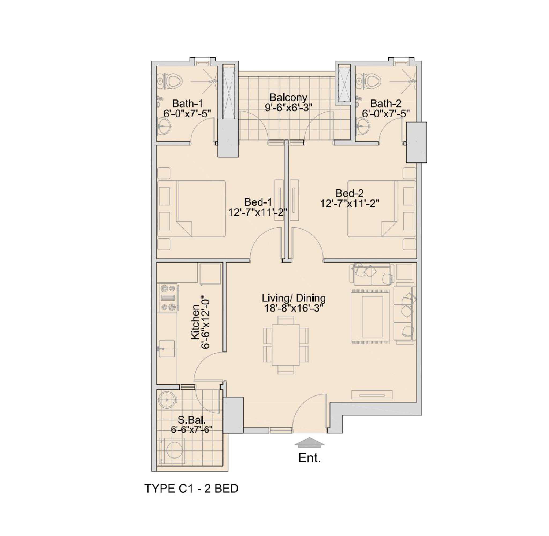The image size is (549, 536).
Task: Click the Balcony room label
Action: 288,97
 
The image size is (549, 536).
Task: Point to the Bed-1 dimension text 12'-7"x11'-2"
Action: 257,212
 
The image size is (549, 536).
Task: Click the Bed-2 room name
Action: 349,193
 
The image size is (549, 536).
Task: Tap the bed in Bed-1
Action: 192,209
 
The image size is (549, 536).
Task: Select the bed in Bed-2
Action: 381,209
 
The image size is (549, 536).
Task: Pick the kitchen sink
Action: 167,349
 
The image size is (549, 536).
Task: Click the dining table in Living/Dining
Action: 285,345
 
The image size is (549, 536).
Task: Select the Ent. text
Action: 309,458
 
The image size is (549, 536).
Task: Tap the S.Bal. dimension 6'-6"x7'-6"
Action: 191,430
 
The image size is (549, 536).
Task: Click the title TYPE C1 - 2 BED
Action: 191,489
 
